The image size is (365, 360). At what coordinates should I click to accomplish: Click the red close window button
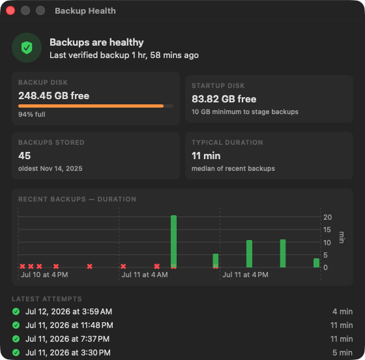(x=10, y=10)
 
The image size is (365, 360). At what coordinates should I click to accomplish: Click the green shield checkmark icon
(x=27, y=48)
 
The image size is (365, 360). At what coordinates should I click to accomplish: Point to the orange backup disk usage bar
(x=91, y=106)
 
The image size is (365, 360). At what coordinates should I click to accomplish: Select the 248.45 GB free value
(x=53, y=96)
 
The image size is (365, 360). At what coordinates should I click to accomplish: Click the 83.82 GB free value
(x=224, y=99)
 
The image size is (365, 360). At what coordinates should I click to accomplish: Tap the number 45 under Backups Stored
(x=25, y=156)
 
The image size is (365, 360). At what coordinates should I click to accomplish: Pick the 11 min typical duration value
(x=206, y=156)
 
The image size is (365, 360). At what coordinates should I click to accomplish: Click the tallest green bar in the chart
(x=173, y=241)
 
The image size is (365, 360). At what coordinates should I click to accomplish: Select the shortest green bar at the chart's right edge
(x=316, y=263)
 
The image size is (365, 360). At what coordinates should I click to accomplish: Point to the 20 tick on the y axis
(x=327, y=217)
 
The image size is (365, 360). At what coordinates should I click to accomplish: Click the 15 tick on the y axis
(x=327, y=230)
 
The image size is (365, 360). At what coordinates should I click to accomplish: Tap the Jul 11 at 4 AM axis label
(x=145, y=275)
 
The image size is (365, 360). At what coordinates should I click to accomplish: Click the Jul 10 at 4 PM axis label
(x=44, y=275)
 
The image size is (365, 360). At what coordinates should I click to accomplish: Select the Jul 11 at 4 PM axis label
(x=246, y=275)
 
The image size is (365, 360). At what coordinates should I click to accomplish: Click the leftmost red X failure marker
(x=22, y=266)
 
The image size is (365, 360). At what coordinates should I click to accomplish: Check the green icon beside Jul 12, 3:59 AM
(x=16, y=311)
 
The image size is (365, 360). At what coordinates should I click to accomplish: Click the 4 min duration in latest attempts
(x=342, y=312)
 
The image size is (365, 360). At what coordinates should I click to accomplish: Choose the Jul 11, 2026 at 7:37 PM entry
(x=68, y=339)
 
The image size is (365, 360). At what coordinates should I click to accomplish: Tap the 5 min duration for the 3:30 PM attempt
(x=342, y=353)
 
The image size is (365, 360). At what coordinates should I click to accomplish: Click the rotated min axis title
(x=342, y=237)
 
